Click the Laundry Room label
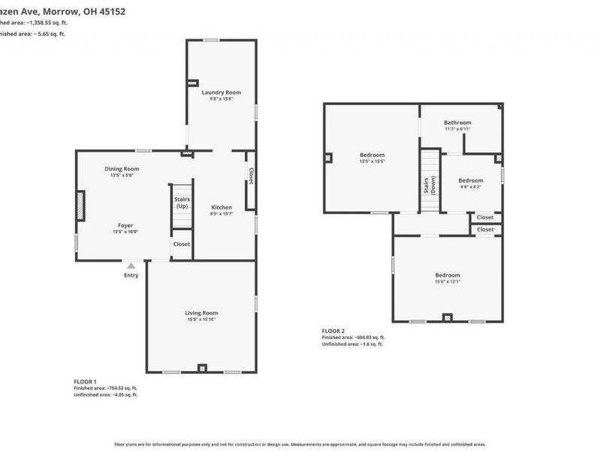221,92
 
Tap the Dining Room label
122,168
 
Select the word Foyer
125,225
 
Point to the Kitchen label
222,207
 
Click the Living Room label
201,313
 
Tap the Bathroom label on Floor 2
457,123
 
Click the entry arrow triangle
131,265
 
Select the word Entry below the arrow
131,275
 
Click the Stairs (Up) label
182,202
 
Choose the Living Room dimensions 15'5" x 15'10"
201,319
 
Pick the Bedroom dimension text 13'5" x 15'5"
372,161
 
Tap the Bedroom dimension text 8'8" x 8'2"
470,187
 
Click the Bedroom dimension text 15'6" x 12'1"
447,282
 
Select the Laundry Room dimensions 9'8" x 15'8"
221,99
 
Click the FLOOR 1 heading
85,382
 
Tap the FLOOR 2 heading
334,331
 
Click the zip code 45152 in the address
111,11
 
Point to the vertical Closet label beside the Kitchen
251,176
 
